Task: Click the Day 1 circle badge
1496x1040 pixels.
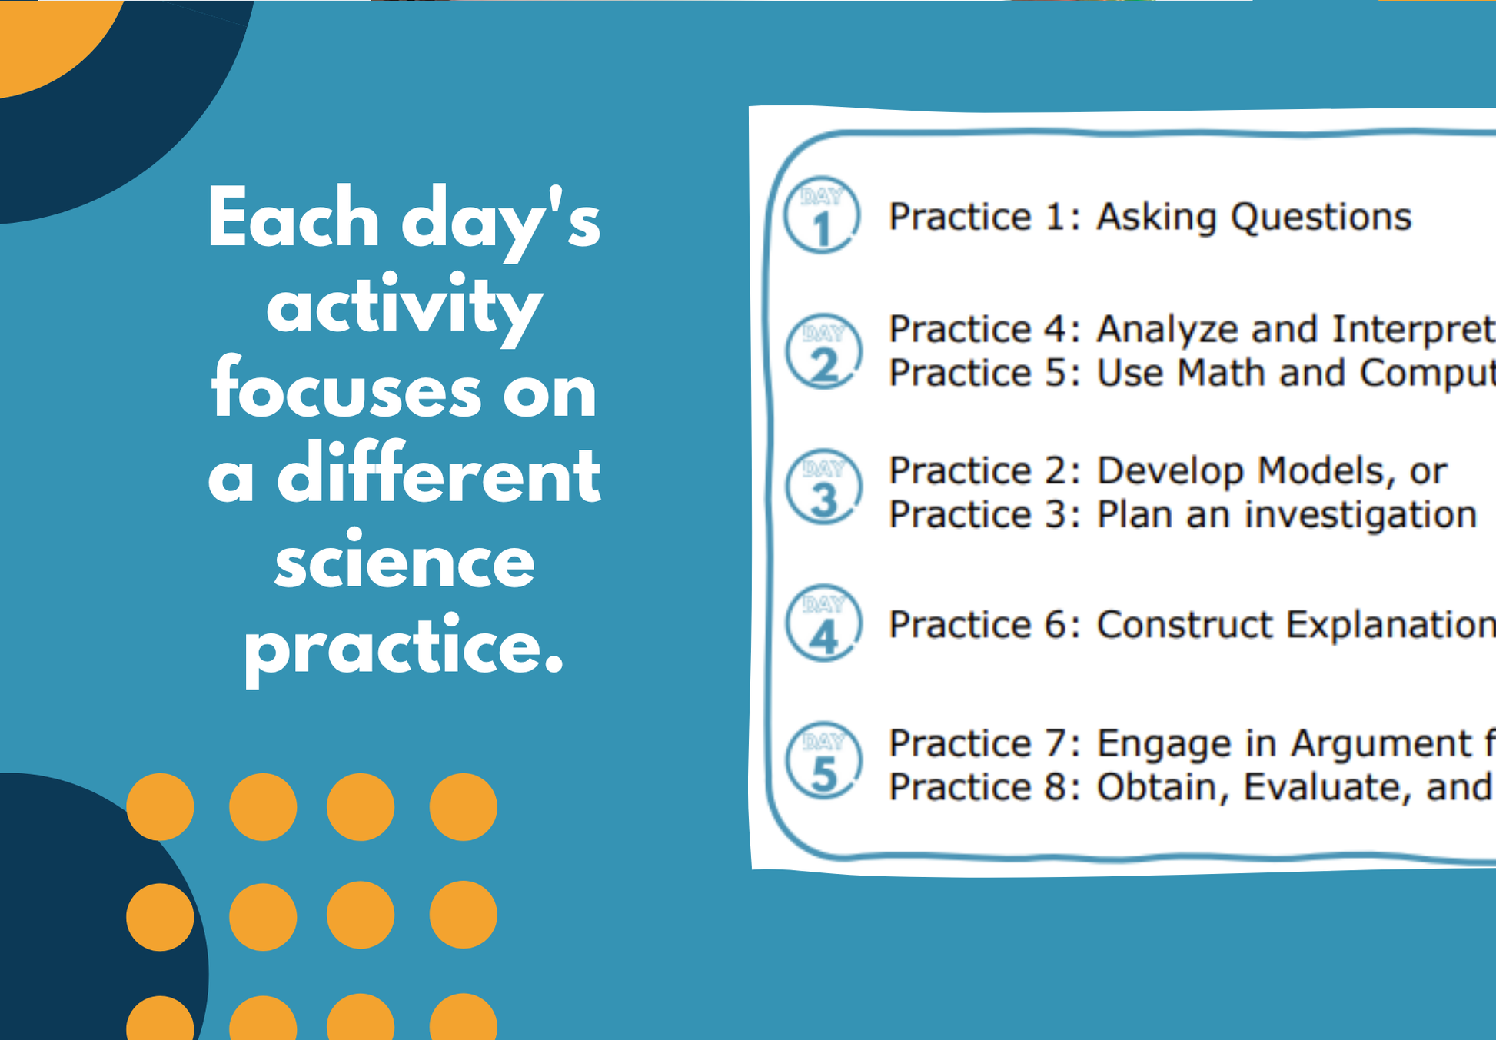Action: tap(822, 215)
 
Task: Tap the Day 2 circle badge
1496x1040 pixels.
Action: tap(823, 351)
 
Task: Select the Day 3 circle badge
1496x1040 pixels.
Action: tap(823, 487)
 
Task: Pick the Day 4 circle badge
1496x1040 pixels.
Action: tap(823, 623)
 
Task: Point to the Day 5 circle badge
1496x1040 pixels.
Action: tap(823, 759)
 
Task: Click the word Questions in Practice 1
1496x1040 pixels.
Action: tap(1321, 218)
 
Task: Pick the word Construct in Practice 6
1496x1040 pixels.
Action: tap(1184, 625)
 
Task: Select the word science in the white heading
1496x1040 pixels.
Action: tap(404, 562)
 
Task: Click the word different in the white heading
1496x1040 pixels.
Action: tap(438, 476)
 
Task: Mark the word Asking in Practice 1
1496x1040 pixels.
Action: tap(1155, 218)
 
